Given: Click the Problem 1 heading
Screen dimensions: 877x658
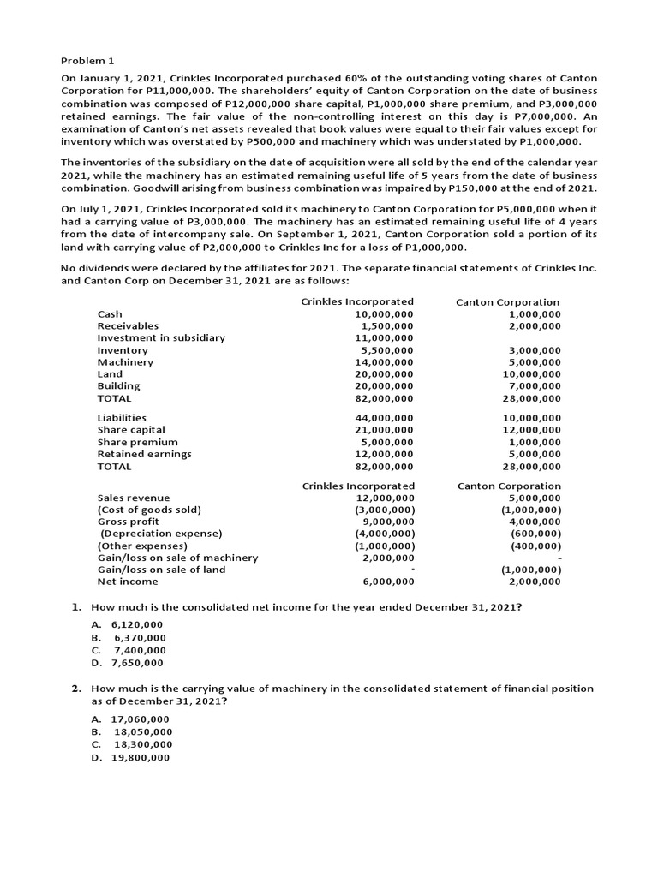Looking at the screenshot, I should point(87,61).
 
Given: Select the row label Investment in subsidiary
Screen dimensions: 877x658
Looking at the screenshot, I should point(161,337).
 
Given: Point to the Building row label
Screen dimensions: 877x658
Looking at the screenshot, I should point(118,385).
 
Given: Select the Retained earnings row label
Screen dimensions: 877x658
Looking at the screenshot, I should point(144,454).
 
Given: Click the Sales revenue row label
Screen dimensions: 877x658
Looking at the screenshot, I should point(134,498).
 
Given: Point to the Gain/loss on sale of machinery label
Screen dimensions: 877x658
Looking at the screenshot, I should point(177,558).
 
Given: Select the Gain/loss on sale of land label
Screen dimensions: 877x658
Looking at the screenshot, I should point(161,570).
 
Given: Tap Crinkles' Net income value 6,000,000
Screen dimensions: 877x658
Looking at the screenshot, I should point(388,582).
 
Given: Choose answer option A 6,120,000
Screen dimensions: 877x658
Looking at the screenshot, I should point(136,625).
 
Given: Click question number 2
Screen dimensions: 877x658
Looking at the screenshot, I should point(76,689).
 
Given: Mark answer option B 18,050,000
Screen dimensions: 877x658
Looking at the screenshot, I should point(143,732).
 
